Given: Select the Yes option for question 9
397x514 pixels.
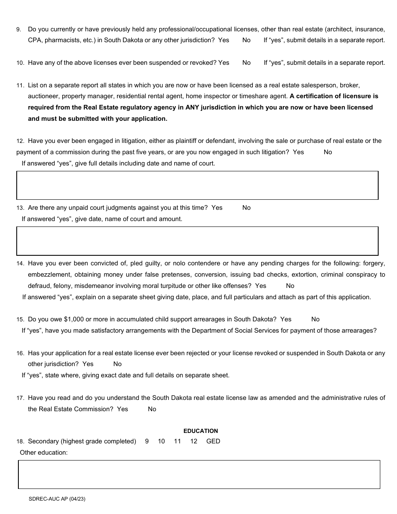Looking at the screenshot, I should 224,40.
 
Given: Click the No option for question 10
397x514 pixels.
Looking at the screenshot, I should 247,63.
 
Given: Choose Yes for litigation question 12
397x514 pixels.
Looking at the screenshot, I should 298,152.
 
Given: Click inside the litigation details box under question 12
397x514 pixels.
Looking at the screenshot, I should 197,185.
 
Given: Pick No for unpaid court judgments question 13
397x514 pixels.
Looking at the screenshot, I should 247,208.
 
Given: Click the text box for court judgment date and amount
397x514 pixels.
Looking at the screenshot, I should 197,241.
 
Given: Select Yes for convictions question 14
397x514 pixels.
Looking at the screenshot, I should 260,286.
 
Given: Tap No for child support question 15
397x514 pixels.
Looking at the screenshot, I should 316,319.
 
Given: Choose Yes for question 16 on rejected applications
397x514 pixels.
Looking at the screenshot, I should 88,364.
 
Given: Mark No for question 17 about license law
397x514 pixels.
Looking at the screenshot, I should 152,409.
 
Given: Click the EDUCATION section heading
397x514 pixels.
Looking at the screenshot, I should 201,431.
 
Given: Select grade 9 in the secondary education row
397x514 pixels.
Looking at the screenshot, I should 147,441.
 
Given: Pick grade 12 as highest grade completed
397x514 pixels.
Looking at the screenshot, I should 193,441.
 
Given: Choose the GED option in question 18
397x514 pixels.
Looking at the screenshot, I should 213,441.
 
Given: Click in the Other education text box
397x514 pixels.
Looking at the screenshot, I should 199,474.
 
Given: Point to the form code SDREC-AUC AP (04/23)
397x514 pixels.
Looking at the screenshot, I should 57,499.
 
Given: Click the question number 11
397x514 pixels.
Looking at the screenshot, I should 20,85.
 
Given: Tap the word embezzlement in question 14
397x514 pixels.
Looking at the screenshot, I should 47,275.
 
